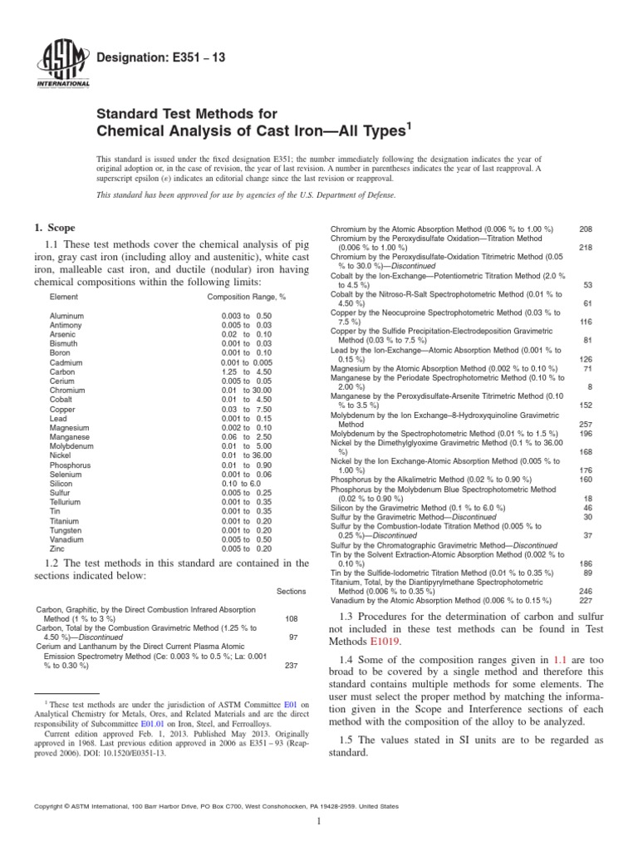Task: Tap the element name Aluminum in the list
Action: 66,316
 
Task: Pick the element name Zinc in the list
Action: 58,548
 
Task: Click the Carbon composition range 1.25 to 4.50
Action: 246,371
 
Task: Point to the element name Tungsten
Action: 66,530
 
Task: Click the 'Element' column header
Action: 64,297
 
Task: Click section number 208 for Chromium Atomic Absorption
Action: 585,229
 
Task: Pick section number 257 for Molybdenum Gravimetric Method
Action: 585,424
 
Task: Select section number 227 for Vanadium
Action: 585,601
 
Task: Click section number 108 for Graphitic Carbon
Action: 292,619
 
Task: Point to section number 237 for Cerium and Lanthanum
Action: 292,665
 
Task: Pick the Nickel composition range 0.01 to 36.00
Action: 246,455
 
